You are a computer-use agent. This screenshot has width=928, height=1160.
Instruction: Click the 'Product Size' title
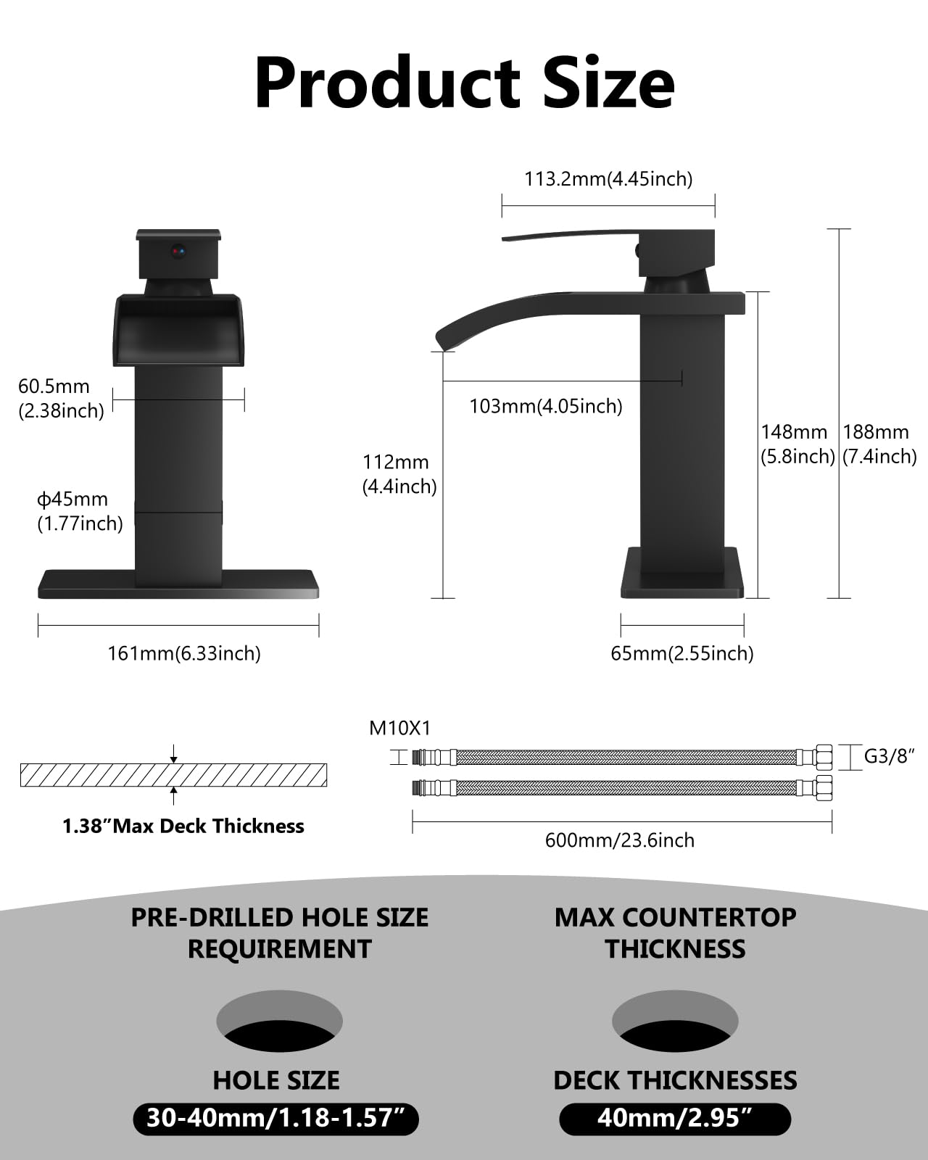(464, 83)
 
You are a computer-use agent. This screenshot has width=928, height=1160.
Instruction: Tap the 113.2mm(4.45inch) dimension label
(608, 179)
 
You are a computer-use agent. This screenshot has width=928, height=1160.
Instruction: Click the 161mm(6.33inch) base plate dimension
(184, 653)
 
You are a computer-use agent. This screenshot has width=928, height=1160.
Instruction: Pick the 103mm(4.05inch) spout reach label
(546, 406)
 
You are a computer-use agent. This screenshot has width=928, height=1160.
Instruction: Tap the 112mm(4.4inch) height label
(399, 474)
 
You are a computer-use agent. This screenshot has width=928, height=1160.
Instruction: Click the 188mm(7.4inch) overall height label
(879, 444)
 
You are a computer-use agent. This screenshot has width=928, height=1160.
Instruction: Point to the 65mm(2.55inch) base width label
(682, 653)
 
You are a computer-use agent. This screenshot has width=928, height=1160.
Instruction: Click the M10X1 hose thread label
(399, 728)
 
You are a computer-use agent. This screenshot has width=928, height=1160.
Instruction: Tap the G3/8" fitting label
(889, 756)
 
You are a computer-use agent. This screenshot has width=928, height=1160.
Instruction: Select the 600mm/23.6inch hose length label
(620, 840)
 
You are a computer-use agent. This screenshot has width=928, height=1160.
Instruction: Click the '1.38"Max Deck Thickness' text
(183, 826)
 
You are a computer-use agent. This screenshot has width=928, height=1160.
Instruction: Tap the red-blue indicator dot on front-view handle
(178, 252)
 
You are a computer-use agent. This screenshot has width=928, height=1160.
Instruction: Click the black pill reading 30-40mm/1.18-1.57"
(276, 1118)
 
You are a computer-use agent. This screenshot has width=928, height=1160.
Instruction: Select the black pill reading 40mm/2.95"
(675, 1118)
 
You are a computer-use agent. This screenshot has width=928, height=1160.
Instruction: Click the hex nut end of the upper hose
(823, 757)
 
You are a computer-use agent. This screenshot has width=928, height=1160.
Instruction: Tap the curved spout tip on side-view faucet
(443, 338)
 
